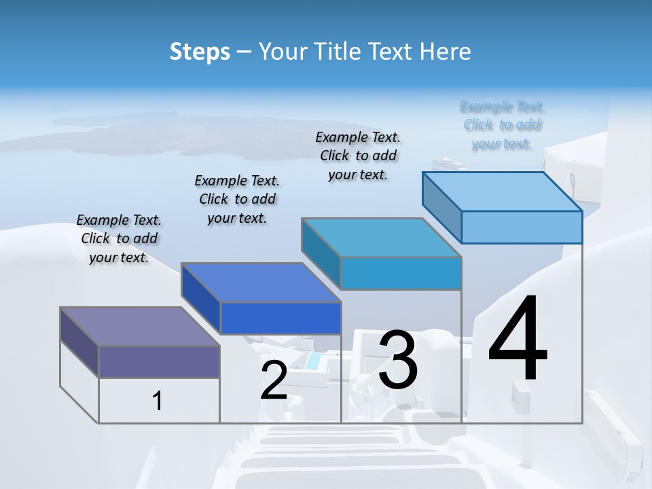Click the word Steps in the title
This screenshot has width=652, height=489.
pyautogui.click(x=200, y=52)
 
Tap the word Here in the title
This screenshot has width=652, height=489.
pyautogui.click(x=446, y=52)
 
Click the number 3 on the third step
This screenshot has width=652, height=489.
pyautogui.click(x=398, y=361)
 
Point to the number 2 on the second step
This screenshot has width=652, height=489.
pyautogui.click(x=274, y=380)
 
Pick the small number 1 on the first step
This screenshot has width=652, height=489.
pyautogui.click(x=158, y=401)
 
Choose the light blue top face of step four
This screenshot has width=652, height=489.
pyautogui.click(x=503, y=191)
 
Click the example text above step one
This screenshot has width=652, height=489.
pyautogui.click(x=119, y=238)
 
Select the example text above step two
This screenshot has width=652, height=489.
pyautogui.click(x=237, y=199)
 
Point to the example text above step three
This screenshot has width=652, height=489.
pyautogui.click(x=358, y=156)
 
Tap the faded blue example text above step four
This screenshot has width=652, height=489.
pyautogui.click(x=503, y=125)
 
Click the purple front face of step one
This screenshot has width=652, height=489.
pyautogui.click(x=159, y=361)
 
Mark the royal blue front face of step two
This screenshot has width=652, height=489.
pyautogui.click(x=280, y=318)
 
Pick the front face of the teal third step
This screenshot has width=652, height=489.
pyautogui.click(x=401, y=273)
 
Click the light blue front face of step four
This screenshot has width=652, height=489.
pyautogui.click(x=522, y=227)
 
